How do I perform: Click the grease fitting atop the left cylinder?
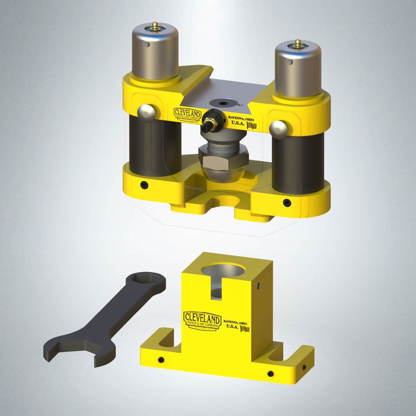point(155,27)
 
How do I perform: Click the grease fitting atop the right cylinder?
point(298,43)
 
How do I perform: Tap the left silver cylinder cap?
point(155,53)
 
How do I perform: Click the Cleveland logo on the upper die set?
point(187,114)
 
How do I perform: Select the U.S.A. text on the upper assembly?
point(238,123)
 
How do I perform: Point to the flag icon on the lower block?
point(245,328)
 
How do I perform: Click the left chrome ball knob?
point(146,113)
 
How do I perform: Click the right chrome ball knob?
point(278,129)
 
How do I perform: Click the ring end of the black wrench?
point(146,282)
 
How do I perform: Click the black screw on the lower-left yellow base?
point(144,184)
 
